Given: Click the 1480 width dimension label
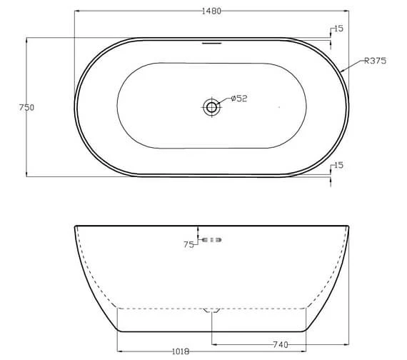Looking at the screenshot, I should [211, 11].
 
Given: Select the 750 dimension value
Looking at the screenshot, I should [27, 107].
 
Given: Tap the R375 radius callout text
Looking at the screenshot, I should [376, 61].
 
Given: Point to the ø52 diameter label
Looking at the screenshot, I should [238, 99].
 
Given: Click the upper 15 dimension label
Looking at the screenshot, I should [338, 29].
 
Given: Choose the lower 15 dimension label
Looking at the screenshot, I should [338, 165].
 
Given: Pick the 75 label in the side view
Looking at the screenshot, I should [189, 244].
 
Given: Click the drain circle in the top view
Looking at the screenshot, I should [211, 107].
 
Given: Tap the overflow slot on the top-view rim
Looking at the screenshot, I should [211, 42].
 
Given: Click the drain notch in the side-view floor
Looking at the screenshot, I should [211, 310].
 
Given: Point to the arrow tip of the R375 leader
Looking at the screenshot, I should [342, 71].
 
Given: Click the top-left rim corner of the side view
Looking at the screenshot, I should [75, 227].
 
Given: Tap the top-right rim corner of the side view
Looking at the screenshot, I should [350, 227].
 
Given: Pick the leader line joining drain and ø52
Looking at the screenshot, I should [224, 103].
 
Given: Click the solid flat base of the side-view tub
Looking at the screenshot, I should [212, 331].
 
